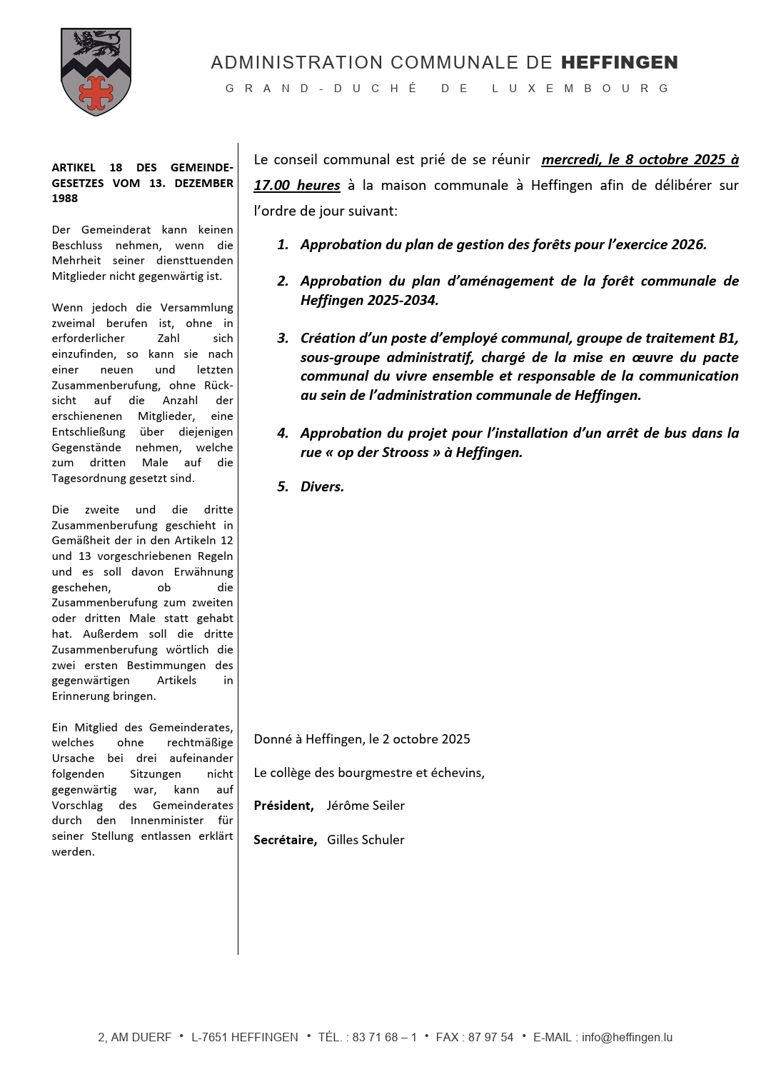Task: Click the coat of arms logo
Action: click(96, 71)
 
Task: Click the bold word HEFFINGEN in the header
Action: click(619, 63)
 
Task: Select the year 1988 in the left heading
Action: click(65, 199)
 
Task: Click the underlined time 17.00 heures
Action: click(297, 186)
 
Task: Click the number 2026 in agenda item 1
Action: click(688, 244)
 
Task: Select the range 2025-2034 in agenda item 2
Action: click(399, 300)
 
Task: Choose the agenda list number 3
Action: click(283, 338)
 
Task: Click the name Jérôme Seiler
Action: click(366, 806)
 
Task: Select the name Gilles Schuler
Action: click(366, 840)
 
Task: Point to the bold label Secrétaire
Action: click(285, 840)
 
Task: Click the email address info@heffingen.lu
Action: click(627, 1038)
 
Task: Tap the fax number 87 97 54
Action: click(490, 1038)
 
